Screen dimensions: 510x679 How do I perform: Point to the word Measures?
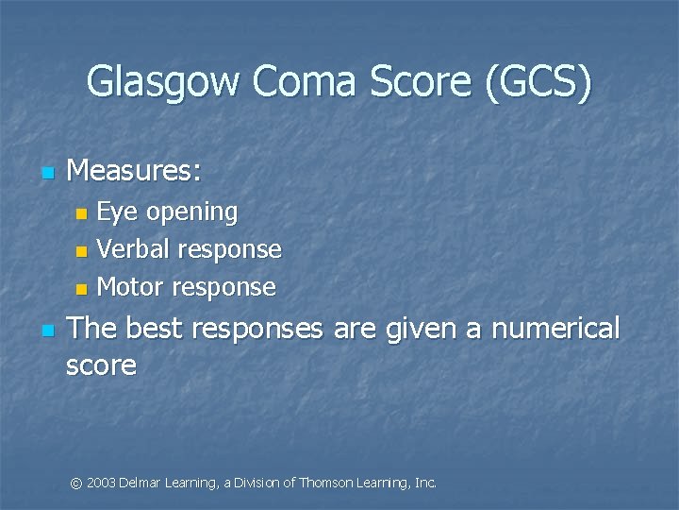(x=134, y=171)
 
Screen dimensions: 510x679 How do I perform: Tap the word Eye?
(x=116, y=212)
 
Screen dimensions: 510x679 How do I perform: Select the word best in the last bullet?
(x=155, y=329)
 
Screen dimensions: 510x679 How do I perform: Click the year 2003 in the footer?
(x=101, y=483)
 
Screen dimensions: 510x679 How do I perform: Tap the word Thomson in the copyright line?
(x=324, y=483)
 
